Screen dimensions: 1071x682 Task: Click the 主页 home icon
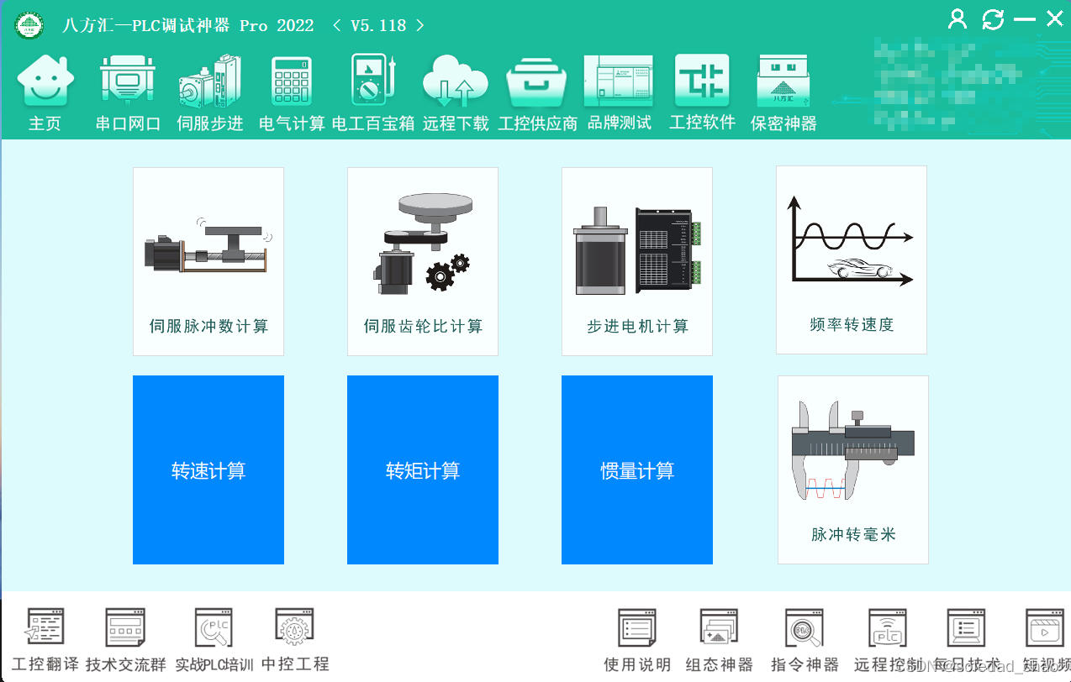tap(45, 81)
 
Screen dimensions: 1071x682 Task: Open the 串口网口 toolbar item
tap(128, 81)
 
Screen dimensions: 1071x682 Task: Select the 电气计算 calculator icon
tap(292, 81)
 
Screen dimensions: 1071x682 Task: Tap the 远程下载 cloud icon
tap(456, 81)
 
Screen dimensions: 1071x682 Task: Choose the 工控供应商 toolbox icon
tap(537, 82)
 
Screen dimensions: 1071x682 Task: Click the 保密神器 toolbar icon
tap(783, 81)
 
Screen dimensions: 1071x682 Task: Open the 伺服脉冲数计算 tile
tap(208, 261)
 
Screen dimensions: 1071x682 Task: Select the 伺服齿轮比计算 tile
tap(423, 261)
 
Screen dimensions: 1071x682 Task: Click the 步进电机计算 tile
tap(637, 261)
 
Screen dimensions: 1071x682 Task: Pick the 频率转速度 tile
tap(852, 260)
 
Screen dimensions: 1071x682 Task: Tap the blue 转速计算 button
tap(208, 470)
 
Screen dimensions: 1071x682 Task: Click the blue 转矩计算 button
tap(423, 470)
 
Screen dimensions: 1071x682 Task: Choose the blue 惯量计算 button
tap(637, 470)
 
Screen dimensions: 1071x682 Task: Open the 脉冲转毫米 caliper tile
tap(853, 470)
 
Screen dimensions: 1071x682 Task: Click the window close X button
tap(1054, 18)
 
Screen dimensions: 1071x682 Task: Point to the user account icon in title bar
tap(958, 18)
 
